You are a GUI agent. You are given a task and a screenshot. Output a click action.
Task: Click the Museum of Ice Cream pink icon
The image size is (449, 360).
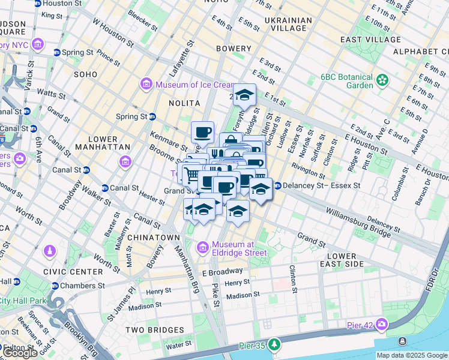pos(146,85)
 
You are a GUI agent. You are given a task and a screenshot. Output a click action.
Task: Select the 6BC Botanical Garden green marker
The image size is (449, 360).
pos(382,80)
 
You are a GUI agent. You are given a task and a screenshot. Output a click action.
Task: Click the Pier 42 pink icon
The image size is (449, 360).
pos(382,325)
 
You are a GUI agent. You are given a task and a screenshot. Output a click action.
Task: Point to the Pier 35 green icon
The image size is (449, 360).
pos(274,344)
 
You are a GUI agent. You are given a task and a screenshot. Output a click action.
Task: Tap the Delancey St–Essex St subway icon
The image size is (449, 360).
pos(277,186)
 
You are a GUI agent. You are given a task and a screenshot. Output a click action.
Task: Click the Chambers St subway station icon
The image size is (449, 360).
pos(55,286)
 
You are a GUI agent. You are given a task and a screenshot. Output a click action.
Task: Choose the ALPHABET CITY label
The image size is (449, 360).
pos(417,52)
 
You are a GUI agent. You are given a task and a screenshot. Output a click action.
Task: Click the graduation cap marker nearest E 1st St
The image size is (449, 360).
pos(244,95)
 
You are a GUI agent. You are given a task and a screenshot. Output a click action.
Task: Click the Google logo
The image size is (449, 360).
pos(21,353)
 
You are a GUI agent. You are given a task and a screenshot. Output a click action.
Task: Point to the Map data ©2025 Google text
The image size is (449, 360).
pos(411,355)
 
